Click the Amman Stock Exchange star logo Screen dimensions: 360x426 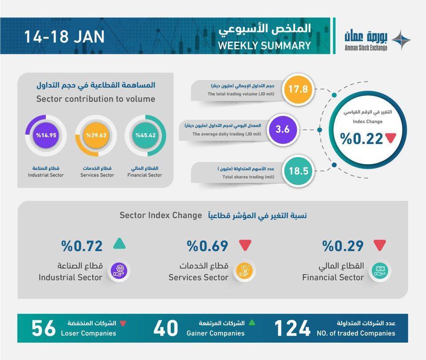401,40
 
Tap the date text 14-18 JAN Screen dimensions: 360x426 64,36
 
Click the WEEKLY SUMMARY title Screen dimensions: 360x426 264,46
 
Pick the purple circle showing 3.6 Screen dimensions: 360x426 282,129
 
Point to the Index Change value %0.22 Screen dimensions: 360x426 362,139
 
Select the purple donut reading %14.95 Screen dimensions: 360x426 46,136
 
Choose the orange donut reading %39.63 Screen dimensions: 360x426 96,136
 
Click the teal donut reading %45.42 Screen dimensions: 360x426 146,136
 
